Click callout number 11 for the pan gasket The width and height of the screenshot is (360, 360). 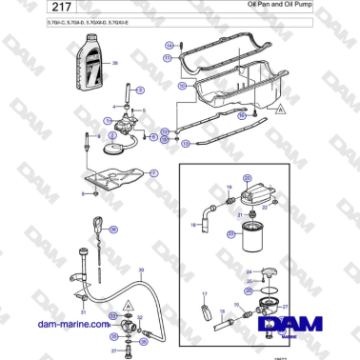[x=168, y=58]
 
